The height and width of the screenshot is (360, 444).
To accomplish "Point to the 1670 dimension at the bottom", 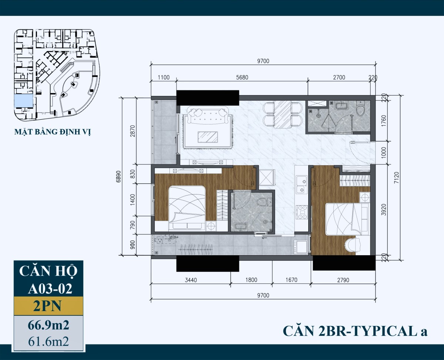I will click(292, 280).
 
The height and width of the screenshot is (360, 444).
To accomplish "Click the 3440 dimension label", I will click(191, 280).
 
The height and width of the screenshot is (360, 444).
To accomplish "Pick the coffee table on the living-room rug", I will click(208, 137).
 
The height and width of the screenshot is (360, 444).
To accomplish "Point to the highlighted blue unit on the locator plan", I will click(22, 100).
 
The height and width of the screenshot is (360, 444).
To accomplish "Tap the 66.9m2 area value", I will click(48, 326).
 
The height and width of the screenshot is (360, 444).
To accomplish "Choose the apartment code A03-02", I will click(50, 288).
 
